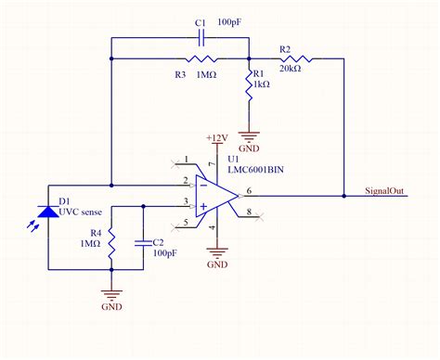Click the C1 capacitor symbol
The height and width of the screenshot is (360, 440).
tap(201, 38)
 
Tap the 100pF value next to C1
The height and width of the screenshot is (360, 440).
tap(232, 19)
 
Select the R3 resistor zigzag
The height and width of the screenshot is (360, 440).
tap(201, 59)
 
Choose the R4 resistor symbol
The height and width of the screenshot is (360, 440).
tap(110, 244)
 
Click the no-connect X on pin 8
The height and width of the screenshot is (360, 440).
tap(262, 216)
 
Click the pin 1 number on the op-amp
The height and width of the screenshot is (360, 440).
tap(187, 160)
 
